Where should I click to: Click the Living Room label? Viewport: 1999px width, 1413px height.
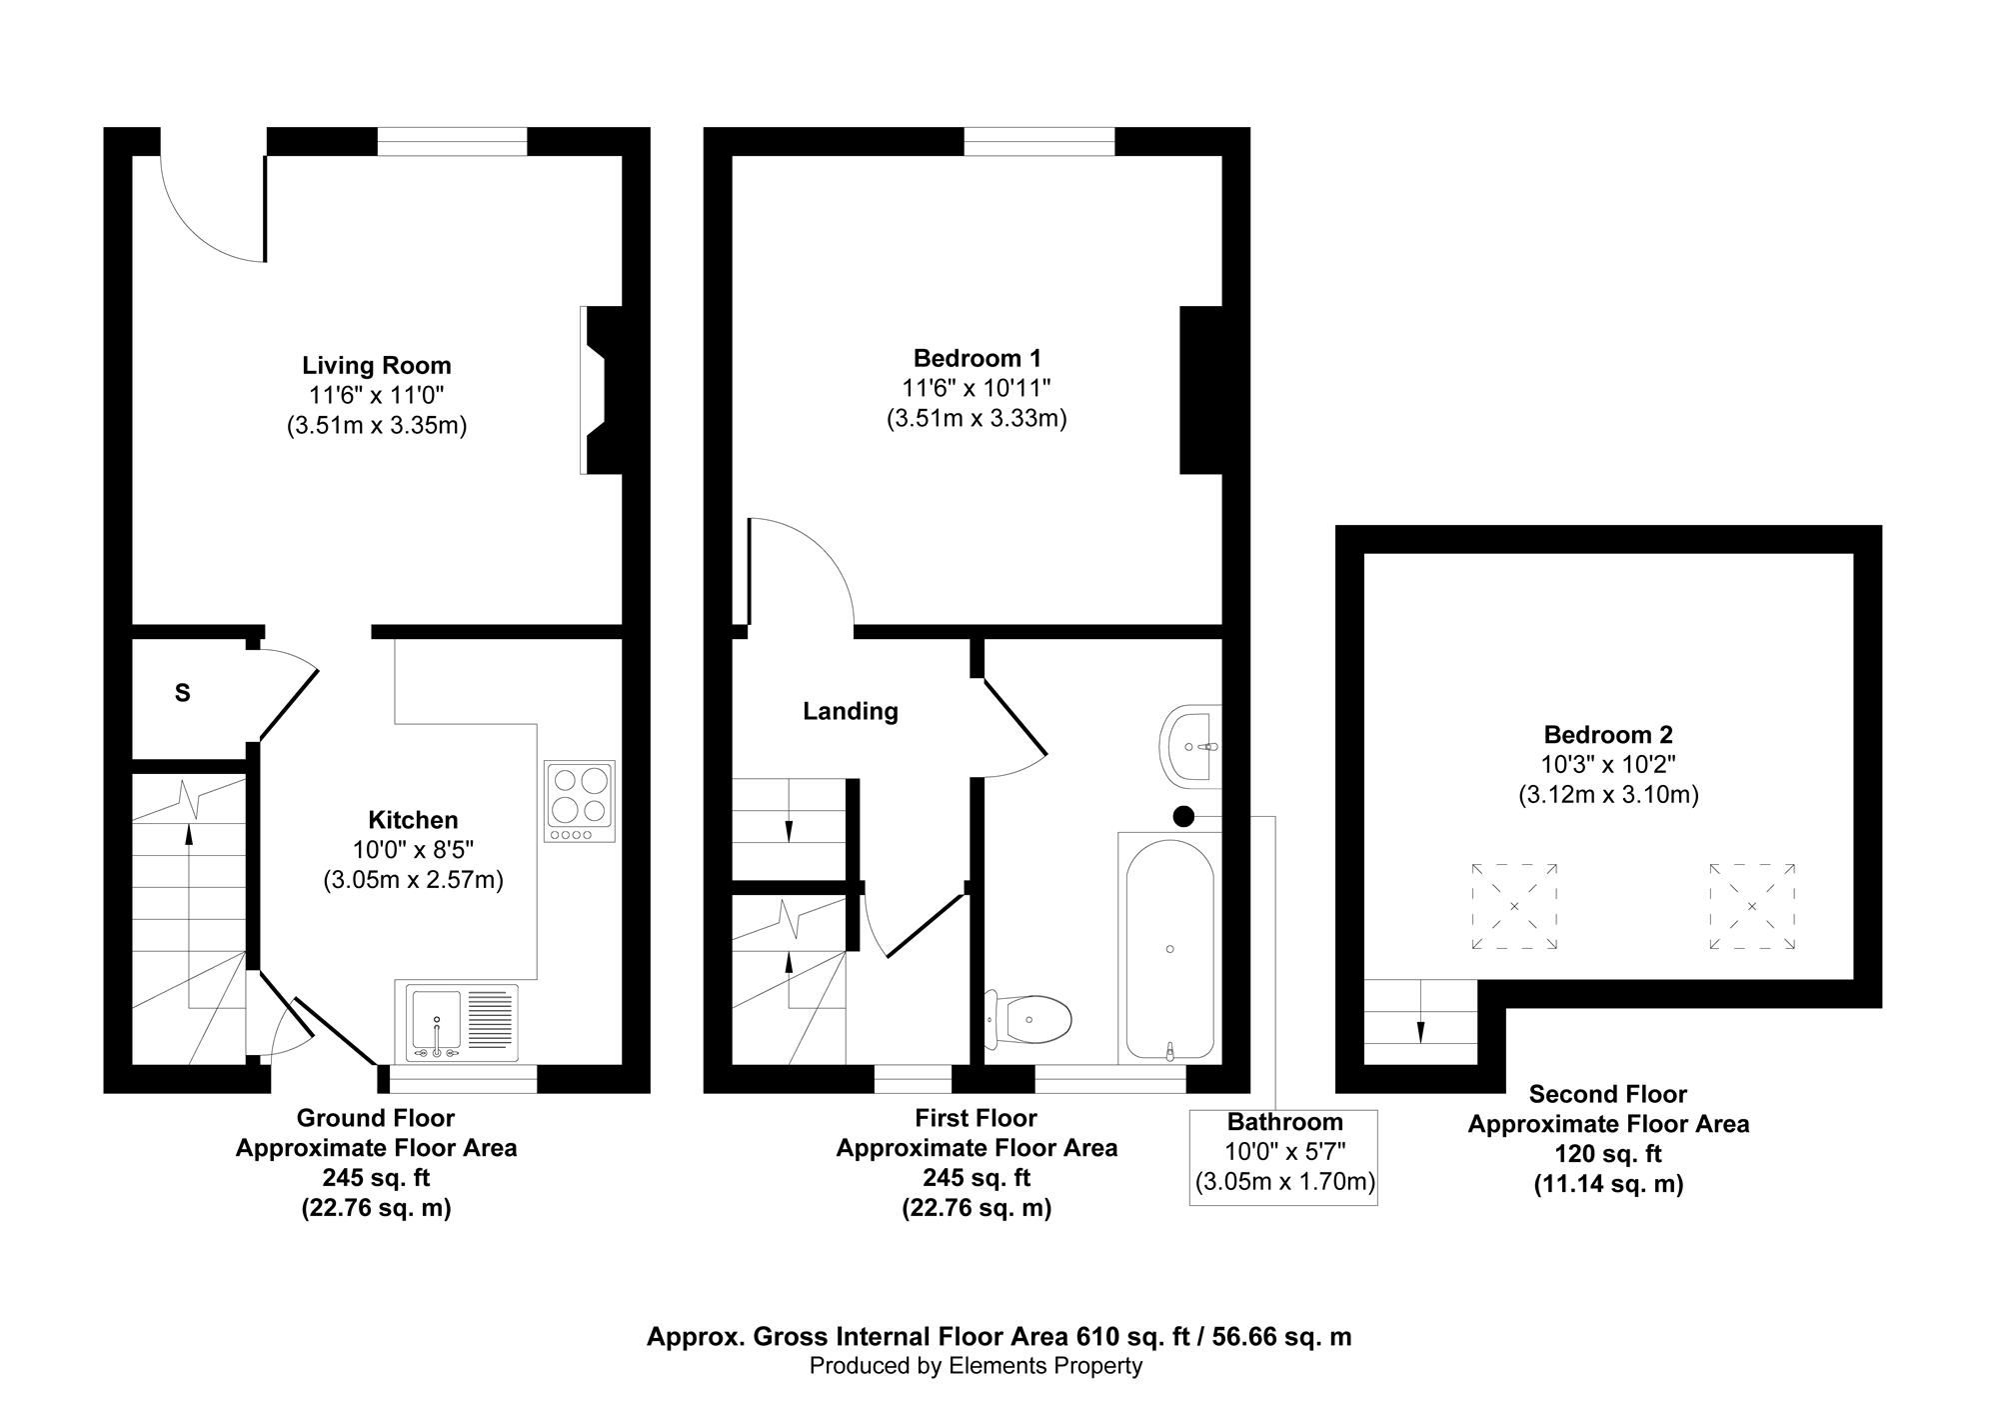377,365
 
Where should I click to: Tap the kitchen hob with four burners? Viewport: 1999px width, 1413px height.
580,801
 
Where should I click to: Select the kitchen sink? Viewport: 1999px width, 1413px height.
463,1023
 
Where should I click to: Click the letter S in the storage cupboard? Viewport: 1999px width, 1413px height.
183,692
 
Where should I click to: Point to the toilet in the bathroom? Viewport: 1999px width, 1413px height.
1028,1019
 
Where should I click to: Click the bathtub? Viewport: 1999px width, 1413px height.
1169,949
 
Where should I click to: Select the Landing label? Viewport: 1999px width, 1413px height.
851,711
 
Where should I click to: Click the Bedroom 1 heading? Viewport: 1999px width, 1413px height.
978,357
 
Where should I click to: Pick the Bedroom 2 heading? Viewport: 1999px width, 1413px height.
1608,735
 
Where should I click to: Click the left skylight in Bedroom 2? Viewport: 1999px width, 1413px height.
1514,906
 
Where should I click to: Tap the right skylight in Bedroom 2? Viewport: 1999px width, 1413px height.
1752,906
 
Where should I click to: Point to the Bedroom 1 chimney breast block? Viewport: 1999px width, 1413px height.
1201,390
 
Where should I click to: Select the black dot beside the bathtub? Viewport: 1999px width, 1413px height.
1183,816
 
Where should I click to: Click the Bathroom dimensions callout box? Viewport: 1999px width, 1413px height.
1283,1156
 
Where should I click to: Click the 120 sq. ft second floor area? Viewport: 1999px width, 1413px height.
1607,1154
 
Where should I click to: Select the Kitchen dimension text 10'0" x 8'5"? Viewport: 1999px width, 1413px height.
413,850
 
